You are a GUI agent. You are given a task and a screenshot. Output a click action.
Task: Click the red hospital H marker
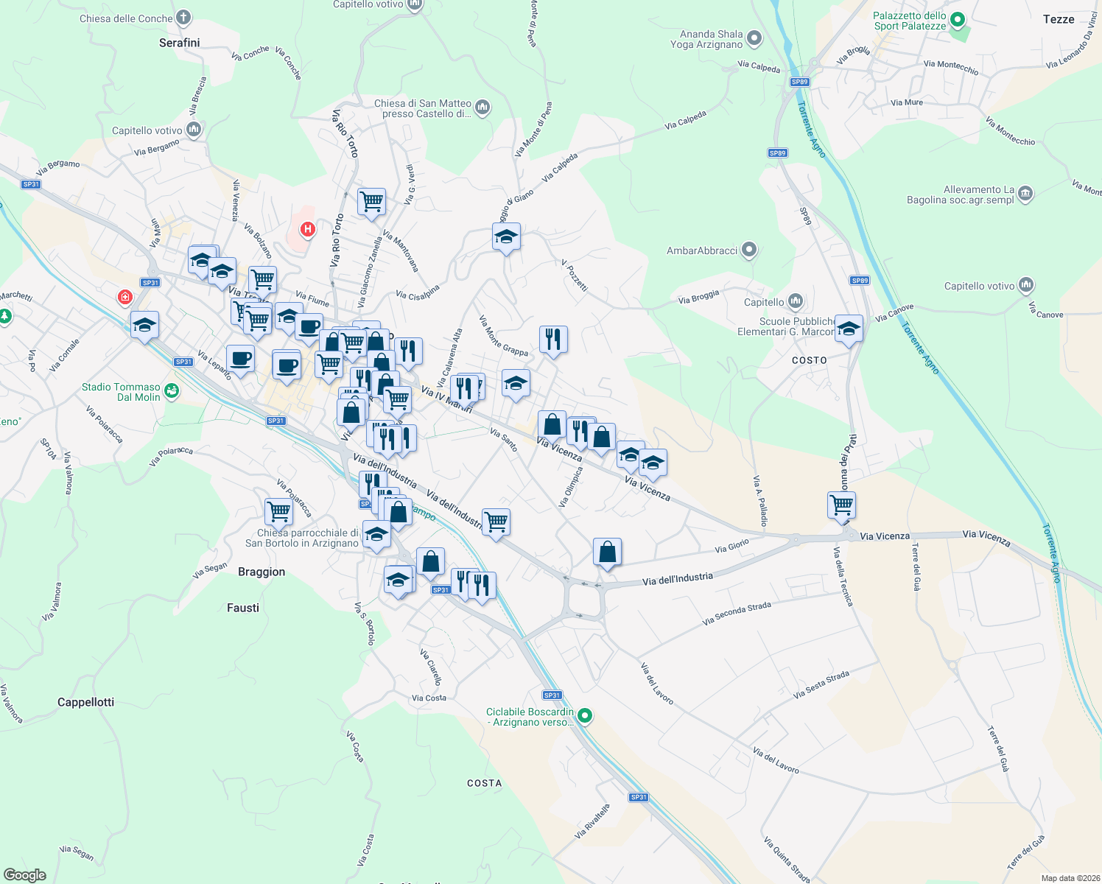308,229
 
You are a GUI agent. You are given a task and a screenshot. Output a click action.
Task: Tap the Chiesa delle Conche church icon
183,18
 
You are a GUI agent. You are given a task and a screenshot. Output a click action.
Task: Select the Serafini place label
179,43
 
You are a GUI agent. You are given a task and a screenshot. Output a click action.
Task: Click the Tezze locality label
1058,19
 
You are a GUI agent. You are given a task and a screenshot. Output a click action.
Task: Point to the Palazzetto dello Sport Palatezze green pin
957,20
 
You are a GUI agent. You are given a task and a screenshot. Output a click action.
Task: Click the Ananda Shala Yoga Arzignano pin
754,38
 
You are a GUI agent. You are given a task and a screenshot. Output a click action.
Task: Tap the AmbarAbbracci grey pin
749,250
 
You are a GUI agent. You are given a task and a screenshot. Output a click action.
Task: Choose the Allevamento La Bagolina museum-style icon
1025,194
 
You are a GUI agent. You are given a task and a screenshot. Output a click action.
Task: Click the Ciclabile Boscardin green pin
585,715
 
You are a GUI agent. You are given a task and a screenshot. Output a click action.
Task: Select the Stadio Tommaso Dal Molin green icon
172,391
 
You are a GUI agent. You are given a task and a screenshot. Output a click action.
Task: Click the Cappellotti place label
85,702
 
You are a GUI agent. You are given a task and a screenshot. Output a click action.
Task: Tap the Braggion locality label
261,572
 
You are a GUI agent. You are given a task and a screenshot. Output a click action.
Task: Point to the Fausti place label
243,608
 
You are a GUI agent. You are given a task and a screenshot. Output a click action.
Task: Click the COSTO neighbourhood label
809,360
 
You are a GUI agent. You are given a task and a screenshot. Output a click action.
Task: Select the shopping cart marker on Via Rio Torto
372,202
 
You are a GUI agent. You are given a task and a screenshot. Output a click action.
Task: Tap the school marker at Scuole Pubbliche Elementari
849,329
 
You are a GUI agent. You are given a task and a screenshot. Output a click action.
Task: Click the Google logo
25,874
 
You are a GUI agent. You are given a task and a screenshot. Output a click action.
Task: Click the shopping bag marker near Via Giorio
607,552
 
